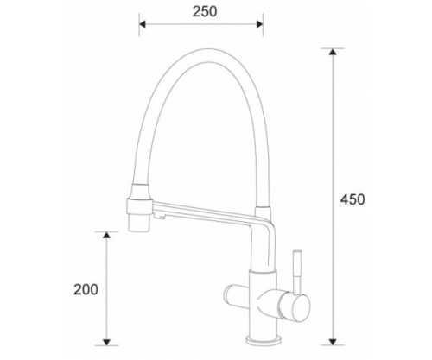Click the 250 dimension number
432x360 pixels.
pos(205,12)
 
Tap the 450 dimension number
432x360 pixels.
pos(353,199)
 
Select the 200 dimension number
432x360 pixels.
pos(86,289)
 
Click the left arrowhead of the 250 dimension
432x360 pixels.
pos(143,24)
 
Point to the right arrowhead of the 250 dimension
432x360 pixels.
pos(259,24)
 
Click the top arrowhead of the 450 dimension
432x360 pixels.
pos(333,52)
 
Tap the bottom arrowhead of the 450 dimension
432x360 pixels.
pos(333,342)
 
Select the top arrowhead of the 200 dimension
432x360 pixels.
pos(107,235)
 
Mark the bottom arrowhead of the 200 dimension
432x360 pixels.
pos(107,342)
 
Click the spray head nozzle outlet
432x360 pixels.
pos(139,223)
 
